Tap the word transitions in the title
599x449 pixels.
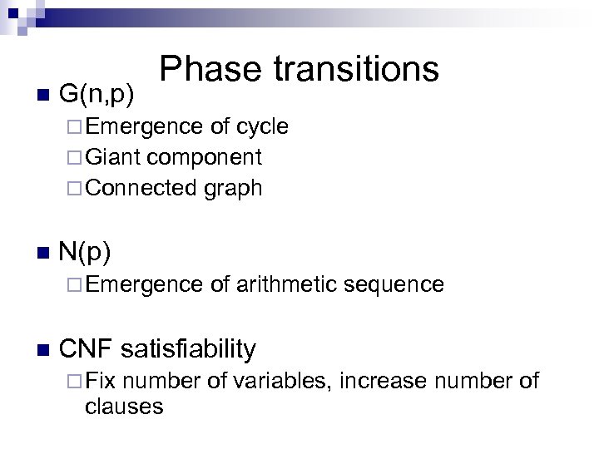pos(358,70)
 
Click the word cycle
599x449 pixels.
pos(262,126)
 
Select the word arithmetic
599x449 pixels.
pos(285,284)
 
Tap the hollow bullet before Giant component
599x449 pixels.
pos(75,157)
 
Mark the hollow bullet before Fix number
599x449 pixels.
pos(75,381)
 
